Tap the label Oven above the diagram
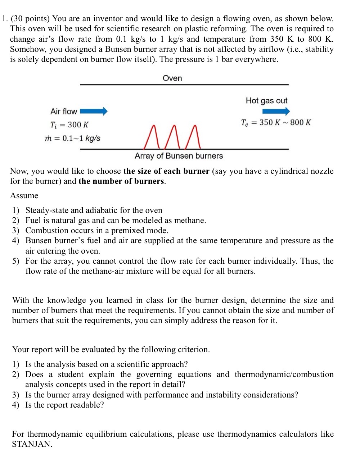pos(172,78)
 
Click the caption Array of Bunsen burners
pos(179,156)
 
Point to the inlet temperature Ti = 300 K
pos(69,125)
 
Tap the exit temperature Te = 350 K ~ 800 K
pos(276,123)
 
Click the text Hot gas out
pos(266,101)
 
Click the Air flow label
pos(64,112)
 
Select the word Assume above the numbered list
pos(24,196)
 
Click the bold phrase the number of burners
pos(121,181)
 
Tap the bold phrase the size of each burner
pos(166,171)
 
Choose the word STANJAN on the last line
pos(32,444)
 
